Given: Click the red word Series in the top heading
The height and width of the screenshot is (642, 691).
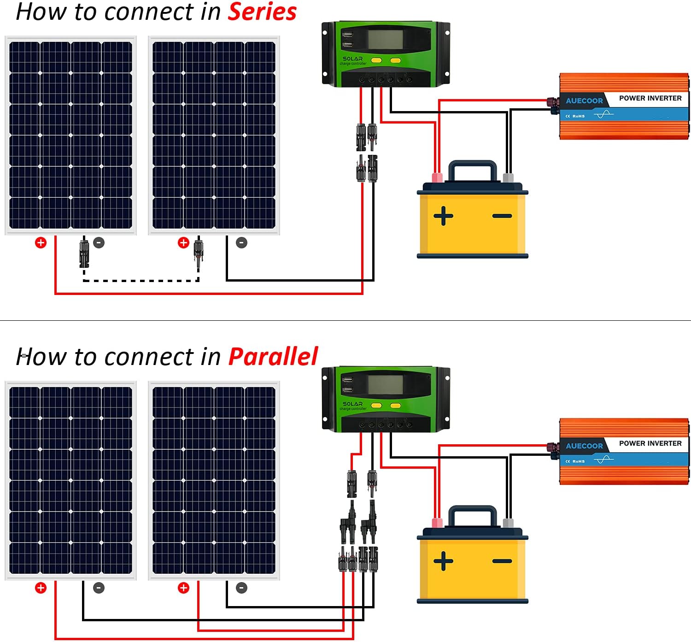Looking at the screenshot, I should point(262,12).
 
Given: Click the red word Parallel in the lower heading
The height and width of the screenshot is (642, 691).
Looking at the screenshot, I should point(273,357).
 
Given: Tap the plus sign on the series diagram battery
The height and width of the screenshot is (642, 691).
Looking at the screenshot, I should point(443,216).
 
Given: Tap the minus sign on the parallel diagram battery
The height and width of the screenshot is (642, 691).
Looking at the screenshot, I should point(502,561).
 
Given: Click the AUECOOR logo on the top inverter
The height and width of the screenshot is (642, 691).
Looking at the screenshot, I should point(584,101).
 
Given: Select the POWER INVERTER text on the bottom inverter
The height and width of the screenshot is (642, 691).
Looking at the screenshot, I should point(650,443).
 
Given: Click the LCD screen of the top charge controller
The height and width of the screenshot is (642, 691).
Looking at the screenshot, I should point(385,40).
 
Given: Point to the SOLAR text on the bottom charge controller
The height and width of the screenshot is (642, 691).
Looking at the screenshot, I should point(352,404).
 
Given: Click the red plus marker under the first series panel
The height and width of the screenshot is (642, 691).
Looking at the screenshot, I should point(41,243).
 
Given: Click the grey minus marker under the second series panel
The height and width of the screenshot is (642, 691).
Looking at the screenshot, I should point(242,243).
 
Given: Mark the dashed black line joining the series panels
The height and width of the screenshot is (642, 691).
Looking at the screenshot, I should point(141,280).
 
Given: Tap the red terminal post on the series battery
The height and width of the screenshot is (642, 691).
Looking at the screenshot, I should point(436,178).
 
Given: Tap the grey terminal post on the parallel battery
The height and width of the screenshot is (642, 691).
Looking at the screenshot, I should point(508,523).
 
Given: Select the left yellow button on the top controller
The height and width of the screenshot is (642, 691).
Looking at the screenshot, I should point(376,60).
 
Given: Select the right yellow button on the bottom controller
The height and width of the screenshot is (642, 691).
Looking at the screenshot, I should point(395,406).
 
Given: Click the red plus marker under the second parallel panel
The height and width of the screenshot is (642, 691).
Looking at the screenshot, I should point(183,588).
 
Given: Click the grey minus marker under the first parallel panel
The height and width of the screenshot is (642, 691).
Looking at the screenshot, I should point(99,588).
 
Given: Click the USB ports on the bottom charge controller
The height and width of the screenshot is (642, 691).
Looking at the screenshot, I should point(347,385).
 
